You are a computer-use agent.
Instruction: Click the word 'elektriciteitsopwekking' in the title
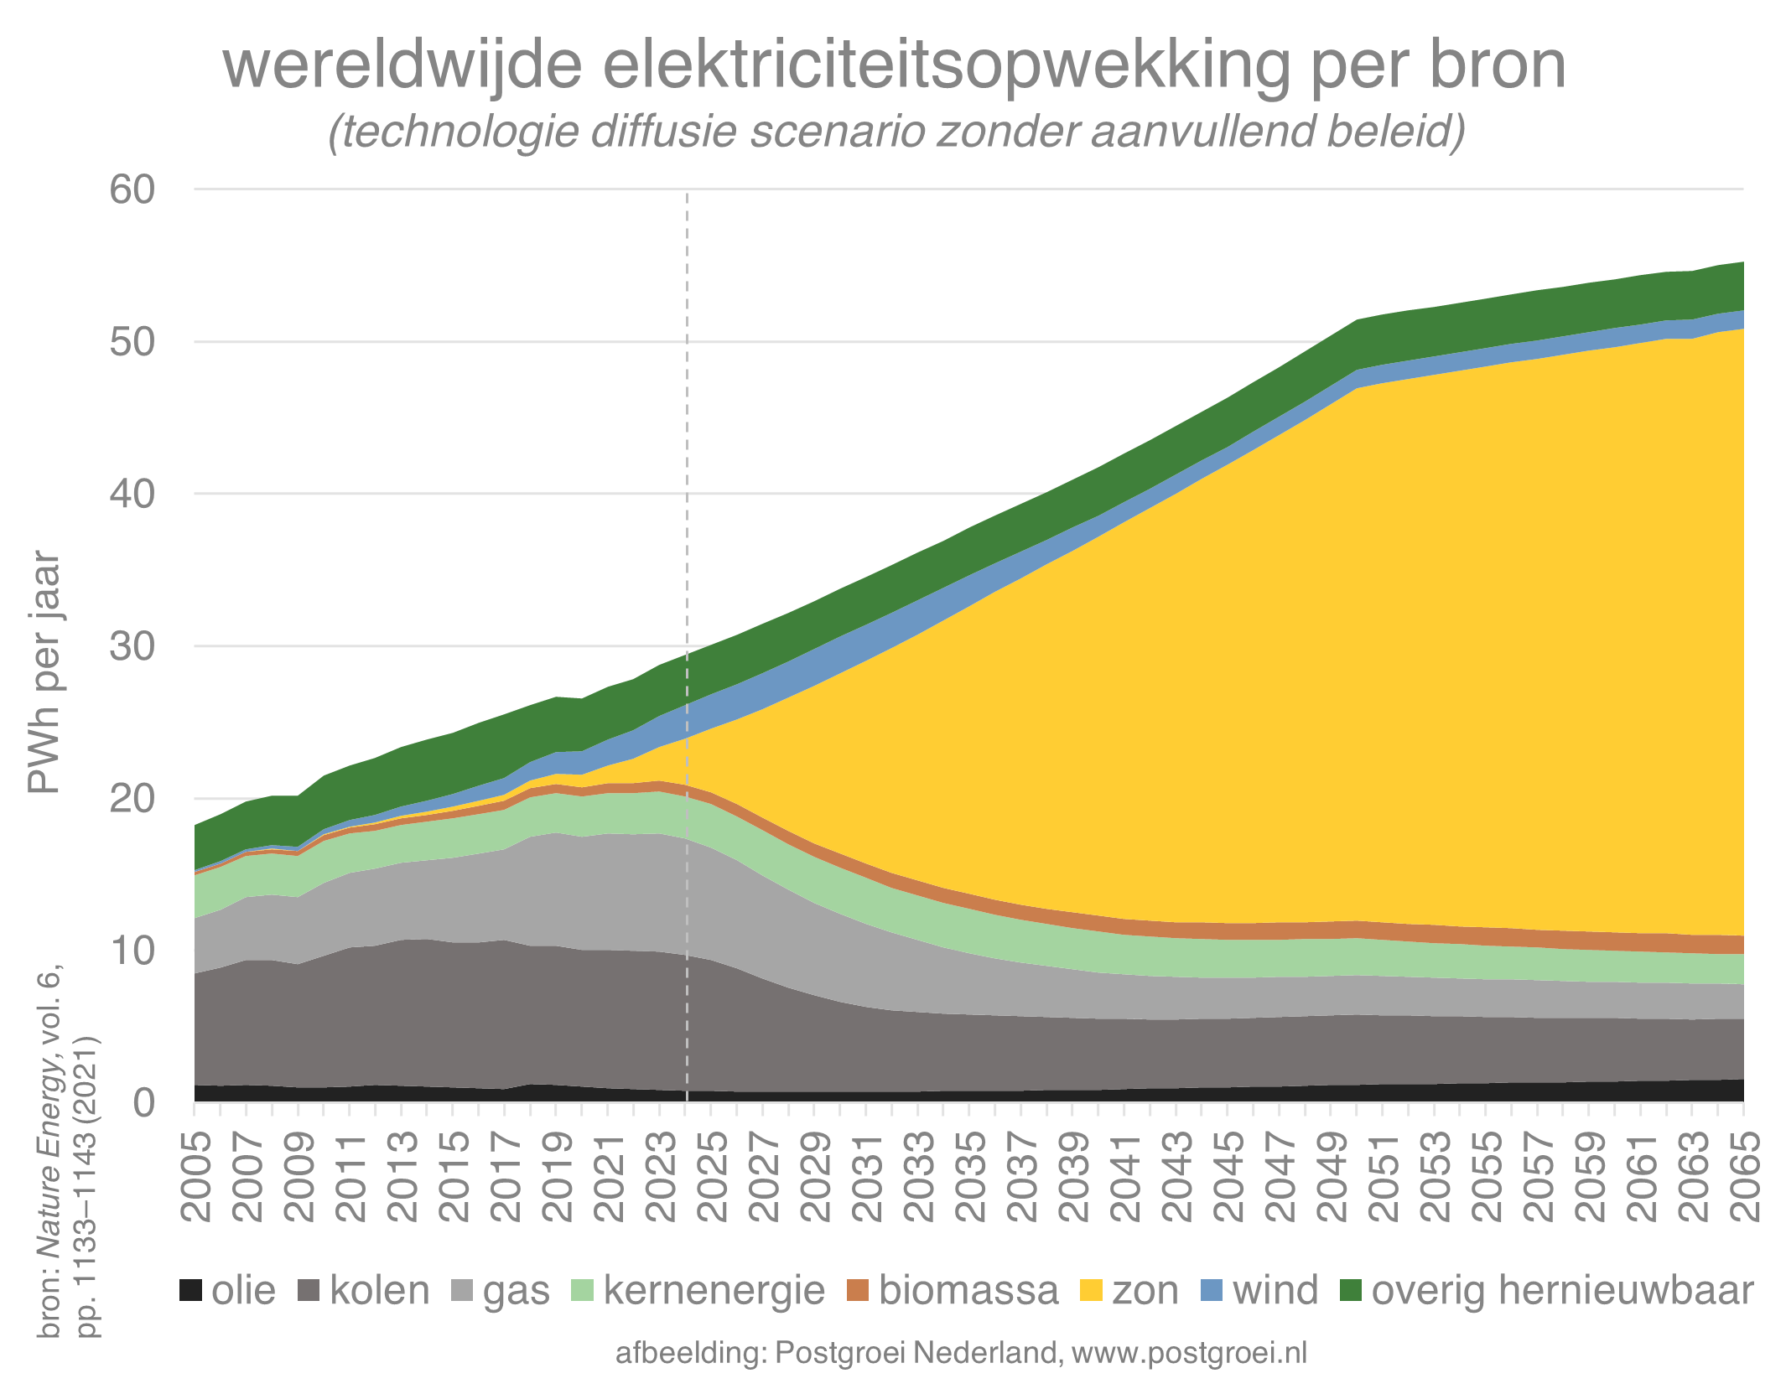946,67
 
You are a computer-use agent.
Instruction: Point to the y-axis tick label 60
132,189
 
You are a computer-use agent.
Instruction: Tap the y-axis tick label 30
132,646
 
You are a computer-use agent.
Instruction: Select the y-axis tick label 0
144,1102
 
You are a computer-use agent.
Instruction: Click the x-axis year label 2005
195,1177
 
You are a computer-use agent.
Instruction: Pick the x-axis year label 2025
712,1177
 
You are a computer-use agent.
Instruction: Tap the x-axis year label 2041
1125,1177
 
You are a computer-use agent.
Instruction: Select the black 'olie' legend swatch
192,1290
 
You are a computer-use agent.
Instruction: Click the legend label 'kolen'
379,1291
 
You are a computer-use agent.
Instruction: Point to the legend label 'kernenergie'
714,1291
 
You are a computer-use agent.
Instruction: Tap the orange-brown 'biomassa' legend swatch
859,1290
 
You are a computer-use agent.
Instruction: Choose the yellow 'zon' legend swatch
1092,1290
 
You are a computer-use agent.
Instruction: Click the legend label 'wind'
1275,1291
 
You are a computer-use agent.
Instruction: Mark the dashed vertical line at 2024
687,503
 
